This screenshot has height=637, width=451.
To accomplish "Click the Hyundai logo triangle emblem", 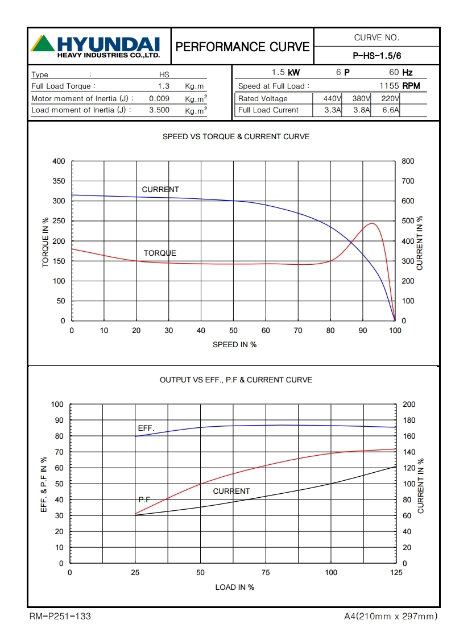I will click(43, 44).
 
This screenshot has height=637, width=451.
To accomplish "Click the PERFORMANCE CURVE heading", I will click(243, 47).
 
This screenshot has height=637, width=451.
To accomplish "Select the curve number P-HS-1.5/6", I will click(377, 56).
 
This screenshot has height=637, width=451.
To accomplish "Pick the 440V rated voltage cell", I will click(329, 98).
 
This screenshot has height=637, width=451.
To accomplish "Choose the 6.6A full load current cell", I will click(390, 110).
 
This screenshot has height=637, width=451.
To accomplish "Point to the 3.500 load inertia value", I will click(159, 110).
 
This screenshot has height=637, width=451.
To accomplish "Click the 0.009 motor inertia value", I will click(159, 98).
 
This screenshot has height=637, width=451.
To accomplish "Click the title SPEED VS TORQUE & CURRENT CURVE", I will click(236, 137).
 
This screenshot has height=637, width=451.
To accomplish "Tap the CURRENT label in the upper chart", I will click(160, 190).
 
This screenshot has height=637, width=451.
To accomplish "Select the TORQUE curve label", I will click(160, 253).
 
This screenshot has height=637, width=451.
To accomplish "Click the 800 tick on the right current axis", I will click(408, 161).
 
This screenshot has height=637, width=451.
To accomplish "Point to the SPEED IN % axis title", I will click(234, 345).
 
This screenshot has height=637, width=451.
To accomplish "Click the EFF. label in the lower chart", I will click(146, 428).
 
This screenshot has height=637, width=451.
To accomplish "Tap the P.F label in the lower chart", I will click(144, 499).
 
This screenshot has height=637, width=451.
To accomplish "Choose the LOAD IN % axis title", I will click(234, 587).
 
